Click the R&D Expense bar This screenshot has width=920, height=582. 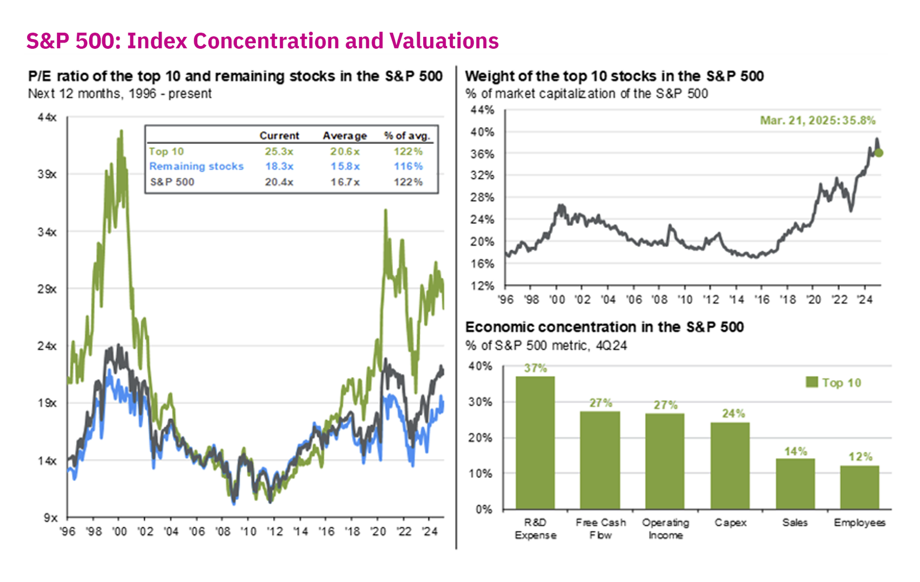tap(535, 443)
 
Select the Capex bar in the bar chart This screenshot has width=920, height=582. tap(730, 466)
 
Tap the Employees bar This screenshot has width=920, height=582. tap(859, 488)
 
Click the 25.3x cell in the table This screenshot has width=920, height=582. tap(279, 151)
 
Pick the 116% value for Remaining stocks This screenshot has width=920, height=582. tap(408, 166)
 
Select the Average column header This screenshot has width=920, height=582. tap(344, 136)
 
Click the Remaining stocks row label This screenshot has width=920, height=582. tap(196, 166)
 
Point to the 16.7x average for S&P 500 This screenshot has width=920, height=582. tap(344, 182)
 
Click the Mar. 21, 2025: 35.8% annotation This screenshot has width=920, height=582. tap(817, 120)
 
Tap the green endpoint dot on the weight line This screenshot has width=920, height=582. tap(879, 153)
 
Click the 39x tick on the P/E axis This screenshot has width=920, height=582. tap(47, 174)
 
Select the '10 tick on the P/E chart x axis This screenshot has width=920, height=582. tap(248, 531)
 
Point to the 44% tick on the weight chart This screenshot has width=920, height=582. tap(482, 110)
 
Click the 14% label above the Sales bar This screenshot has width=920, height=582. tap(795, 451)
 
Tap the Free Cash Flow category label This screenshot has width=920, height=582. tap(600, 528)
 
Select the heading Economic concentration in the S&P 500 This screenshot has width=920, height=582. tap(604, 327)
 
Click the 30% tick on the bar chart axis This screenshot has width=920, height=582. tap(480, 402)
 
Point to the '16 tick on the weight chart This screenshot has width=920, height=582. tap(762, 299)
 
